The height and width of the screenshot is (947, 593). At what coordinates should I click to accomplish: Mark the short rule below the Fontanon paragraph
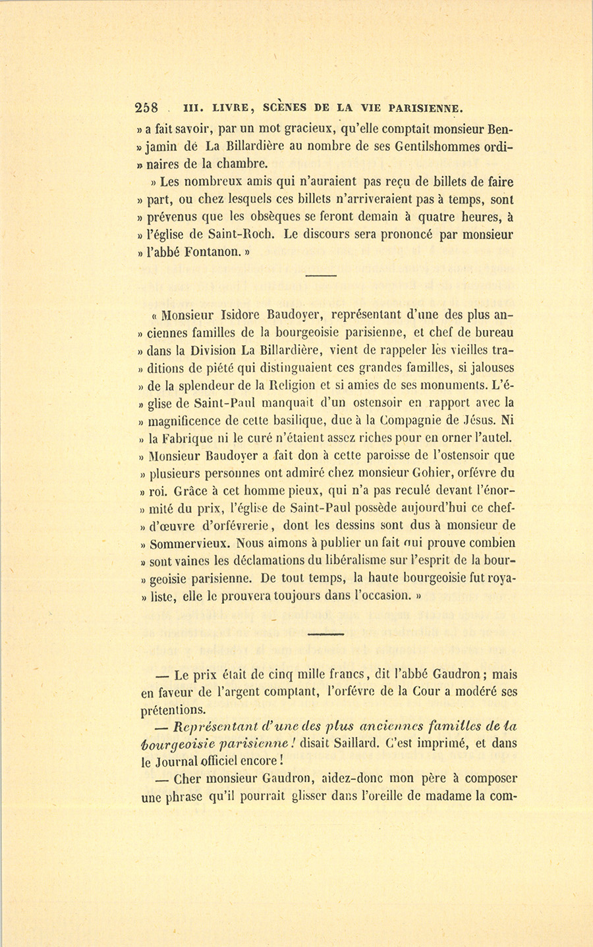(321, 275)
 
